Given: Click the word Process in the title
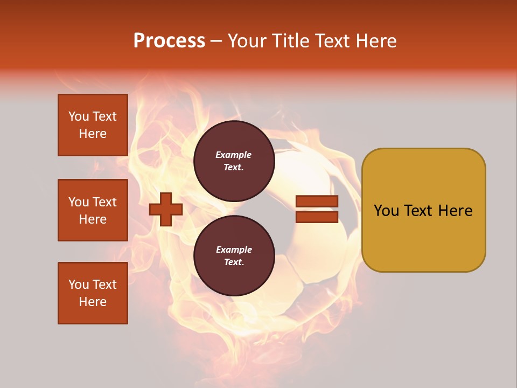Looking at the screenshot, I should pos(169,41).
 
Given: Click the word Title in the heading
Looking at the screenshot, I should pos(290,41).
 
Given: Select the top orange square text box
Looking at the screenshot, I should pos(93,125).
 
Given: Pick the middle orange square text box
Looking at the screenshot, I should pos(93,210).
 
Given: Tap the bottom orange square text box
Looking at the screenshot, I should pos(93,293).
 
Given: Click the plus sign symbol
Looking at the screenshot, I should pos(166,209).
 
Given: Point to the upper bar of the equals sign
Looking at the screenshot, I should pos(317,202).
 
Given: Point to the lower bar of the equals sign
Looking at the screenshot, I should pos(317,217).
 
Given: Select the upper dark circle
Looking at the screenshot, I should pos(234,161).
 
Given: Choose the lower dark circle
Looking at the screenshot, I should pos(234,255).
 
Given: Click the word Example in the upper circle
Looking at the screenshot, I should pos(234,155).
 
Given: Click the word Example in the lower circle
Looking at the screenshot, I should pos(234,250).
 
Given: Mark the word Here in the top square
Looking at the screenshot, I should pos(93,134).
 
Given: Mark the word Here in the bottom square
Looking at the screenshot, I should pos(93,302).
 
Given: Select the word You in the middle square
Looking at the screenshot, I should pos(79,202).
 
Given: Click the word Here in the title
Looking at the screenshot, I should pos(376,41).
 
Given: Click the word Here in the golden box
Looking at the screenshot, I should pos(456,211).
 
